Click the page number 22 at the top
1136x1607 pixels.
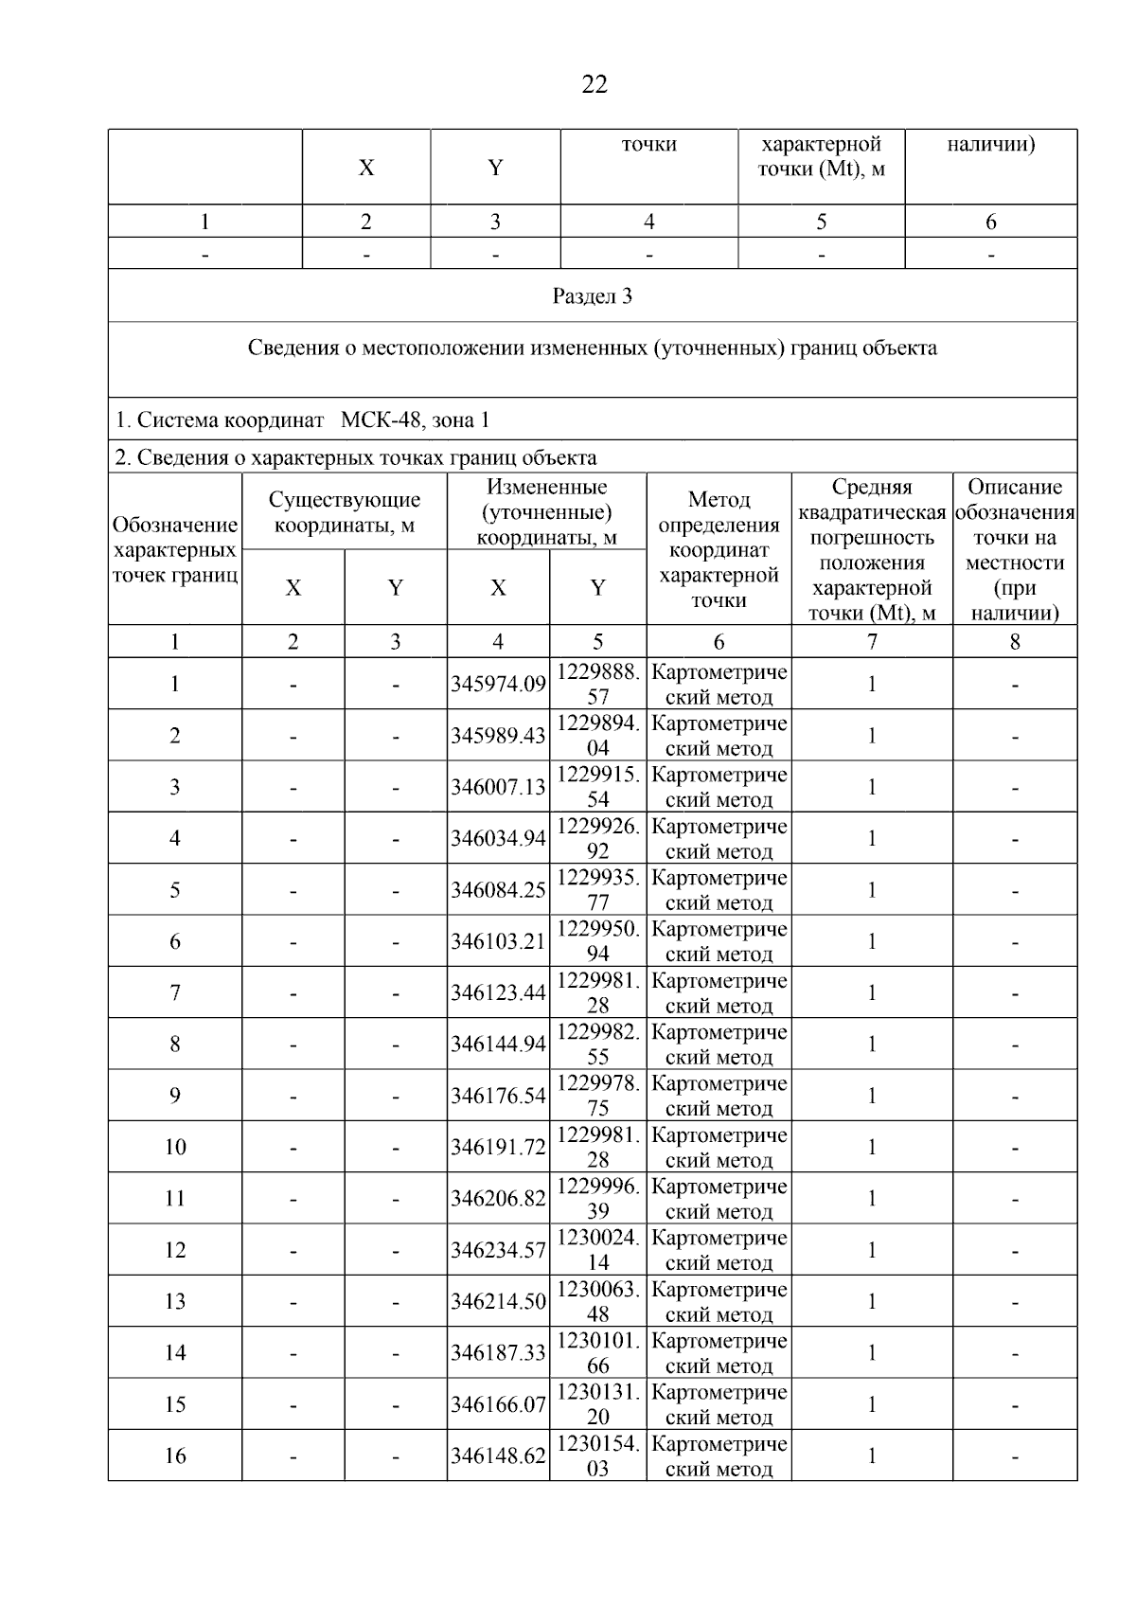point(594,85)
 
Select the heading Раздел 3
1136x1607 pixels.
point(593,296)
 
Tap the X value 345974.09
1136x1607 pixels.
point(498,685)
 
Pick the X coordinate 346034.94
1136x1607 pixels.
point(498,839)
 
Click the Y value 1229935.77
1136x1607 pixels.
point(597,890)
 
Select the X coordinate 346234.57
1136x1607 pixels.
point(498,1250)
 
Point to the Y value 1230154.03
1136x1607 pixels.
point(597,1455)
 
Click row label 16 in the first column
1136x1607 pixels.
point(175,1455)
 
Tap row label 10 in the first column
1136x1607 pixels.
point(175,1147)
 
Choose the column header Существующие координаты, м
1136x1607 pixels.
point(345,512)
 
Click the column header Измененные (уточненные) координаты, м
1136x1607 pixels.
point(547,512)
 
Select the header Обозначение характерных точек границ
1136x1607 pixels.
point(175,550)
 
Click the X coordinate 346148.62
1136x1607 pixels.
point(498,1455)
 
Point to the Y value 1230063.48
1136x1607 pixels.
point(597,1301)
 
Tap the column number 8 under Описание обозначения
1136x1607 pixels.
point(1015,642)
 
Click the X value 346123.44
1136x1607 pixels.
point(498,992)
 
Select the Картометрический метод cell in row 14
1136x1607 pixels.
point(719,1352)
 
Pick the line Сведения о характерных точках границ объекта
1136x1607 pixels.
point(356,458)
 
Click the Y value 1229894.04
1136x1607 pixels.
point(597,736)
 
